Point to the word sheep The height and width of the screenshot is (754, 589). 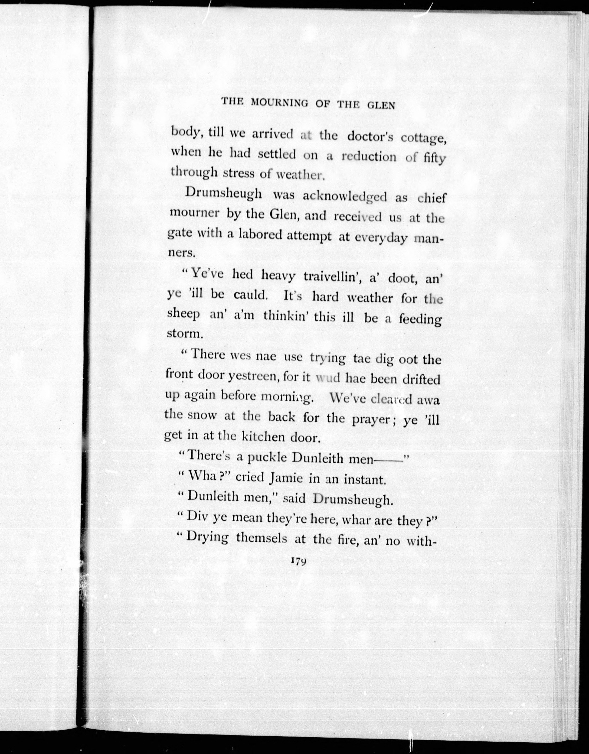point(183,315)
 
